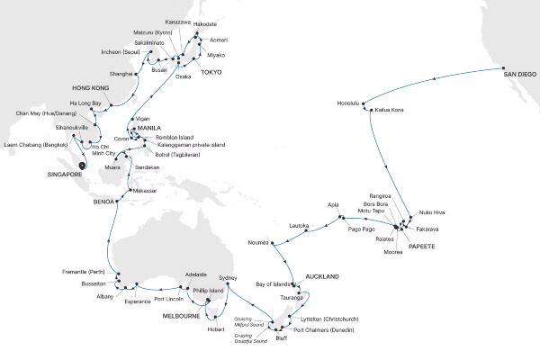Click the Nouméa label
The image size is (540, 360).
(x=259, y=243)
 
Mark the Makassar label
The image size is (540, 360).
(x=144, y=191)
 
